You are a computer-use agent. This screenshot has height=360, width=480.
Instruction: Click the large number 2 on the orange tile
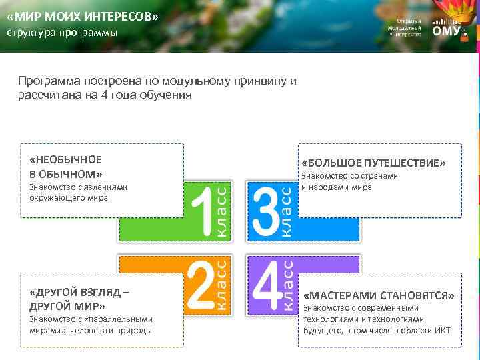pos(201,285)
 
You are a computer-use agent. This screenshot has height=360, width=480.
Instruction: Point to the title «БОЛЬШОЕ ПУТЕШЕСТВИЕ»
pos(373,163)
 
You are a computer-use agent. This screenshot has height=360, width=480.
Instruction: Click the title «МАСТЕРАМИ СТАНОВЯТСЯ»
pos(379,295)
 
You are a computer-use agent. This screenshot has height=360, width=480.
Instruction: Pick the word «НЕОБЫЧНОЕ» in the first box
pos(66,159)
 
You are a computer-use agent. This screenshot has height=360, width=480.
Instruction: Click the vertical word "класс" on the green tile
pos(225,212)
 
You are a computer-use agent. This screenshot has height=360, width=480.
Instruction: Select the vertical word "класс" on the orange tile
pos(225,285)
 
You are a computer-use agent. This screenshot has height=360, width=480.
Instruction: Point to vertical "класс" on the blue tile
pos(286,212)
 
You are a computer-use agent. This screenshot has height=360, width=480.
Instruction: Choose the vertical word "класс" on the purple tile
pos(287,285)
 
